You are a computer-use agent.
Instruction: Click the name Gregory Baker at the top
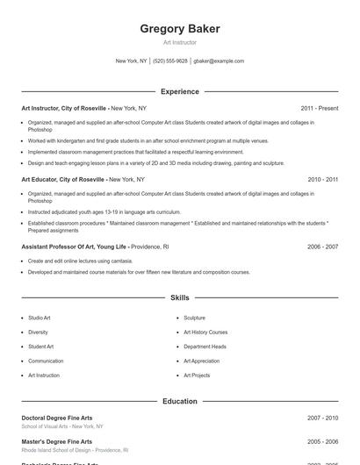[179, 29]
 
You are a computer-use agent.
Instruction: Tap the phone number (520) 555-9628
[170, 61]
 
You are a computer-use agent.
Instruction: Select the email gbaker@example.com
[219, 61]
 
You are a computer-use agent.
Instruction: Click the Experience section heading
[179, 91]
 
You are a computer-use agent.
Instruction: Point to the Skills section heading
[179, 298]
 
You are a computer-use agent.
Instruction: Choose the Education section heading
[179, 401]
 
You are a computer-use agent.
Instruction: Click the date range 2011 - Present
[319, 108]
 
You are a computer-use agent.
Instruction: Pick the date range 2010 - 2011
[322, 179]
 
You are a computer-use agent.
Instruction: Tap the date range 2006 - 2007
[322, 247]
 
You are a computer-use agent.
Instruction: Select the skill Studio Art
[40, 318]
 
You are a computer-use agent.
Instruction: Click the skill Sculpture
[194, 318]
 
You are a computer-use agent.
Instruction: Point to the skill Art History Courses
[205, 333]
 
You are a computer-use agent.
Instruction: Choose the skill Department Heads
[205, 347]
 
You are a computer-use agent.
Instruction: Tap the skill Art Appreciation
[201, 361]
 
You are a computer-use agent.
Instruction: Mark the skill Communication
[46, 361]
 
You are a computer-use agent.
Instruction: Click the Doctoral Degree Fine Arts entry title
[57, 418]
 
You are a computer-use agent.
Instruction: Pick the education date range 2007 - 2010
[322, 418]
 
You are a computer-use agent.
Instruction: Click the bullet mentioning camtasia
[80, 261]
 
